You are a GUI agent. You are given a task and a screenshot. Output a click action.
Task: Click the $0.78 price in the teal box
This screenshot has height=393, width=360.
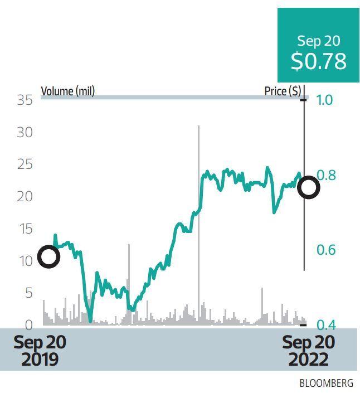[x=318, y=61]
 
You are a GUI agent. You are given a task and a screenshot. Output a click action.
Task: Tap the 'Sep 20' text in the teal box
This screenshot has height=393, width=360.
[x=318, y=41]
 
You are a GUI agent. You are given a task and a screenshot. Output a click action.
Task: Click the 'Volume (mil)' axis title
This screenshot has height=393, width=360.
[x=67, y=91]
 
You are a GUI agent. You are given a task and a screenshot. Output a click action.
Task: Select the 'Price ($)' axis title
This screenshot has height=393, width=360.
[x=283, y=91]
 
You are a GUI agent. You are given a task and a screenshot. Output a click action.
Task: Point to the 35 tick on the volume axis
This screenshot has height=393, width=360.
[x=25, y=100]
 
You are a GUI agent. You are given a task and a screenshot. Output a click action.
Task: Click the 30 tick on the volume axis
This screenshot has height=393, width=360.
[x=25, y=133]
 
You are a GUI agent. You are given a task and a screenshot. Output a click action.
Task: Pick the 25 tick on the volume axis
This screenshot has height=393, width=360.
[x=25, y=164]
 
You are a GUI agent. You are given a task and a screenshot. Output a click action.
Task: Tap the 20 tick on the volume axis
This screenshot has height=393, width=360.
[x=25, y=196]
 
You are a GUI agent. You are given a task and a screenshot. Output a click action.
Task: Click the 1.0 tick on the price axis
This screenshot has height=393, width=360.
[x=325, y=100]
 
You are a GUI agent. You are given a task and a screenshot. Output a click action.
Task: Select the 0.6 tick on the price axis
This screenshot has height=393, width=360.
[x=325, y=249]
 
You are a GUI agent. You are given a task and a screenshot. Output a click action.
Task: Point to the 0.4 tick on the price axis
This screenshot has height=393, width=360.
[x=325, y=324]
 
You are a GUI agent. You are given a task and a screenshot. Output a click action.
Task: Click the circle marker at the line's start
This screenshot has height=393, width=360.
[x=48, y=257]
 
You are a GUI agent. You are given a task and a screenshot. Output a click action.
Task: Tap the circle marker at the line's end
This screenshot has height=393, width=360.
[x=308, y=188]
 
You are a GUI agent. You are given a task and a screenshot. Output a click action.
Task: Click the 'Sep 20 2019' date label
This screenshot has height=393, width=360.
[x=40, y=351]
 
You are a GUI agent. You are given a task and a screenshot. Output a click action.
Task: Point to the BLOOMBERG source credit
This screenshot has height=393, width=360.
[x=326, y=384]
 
